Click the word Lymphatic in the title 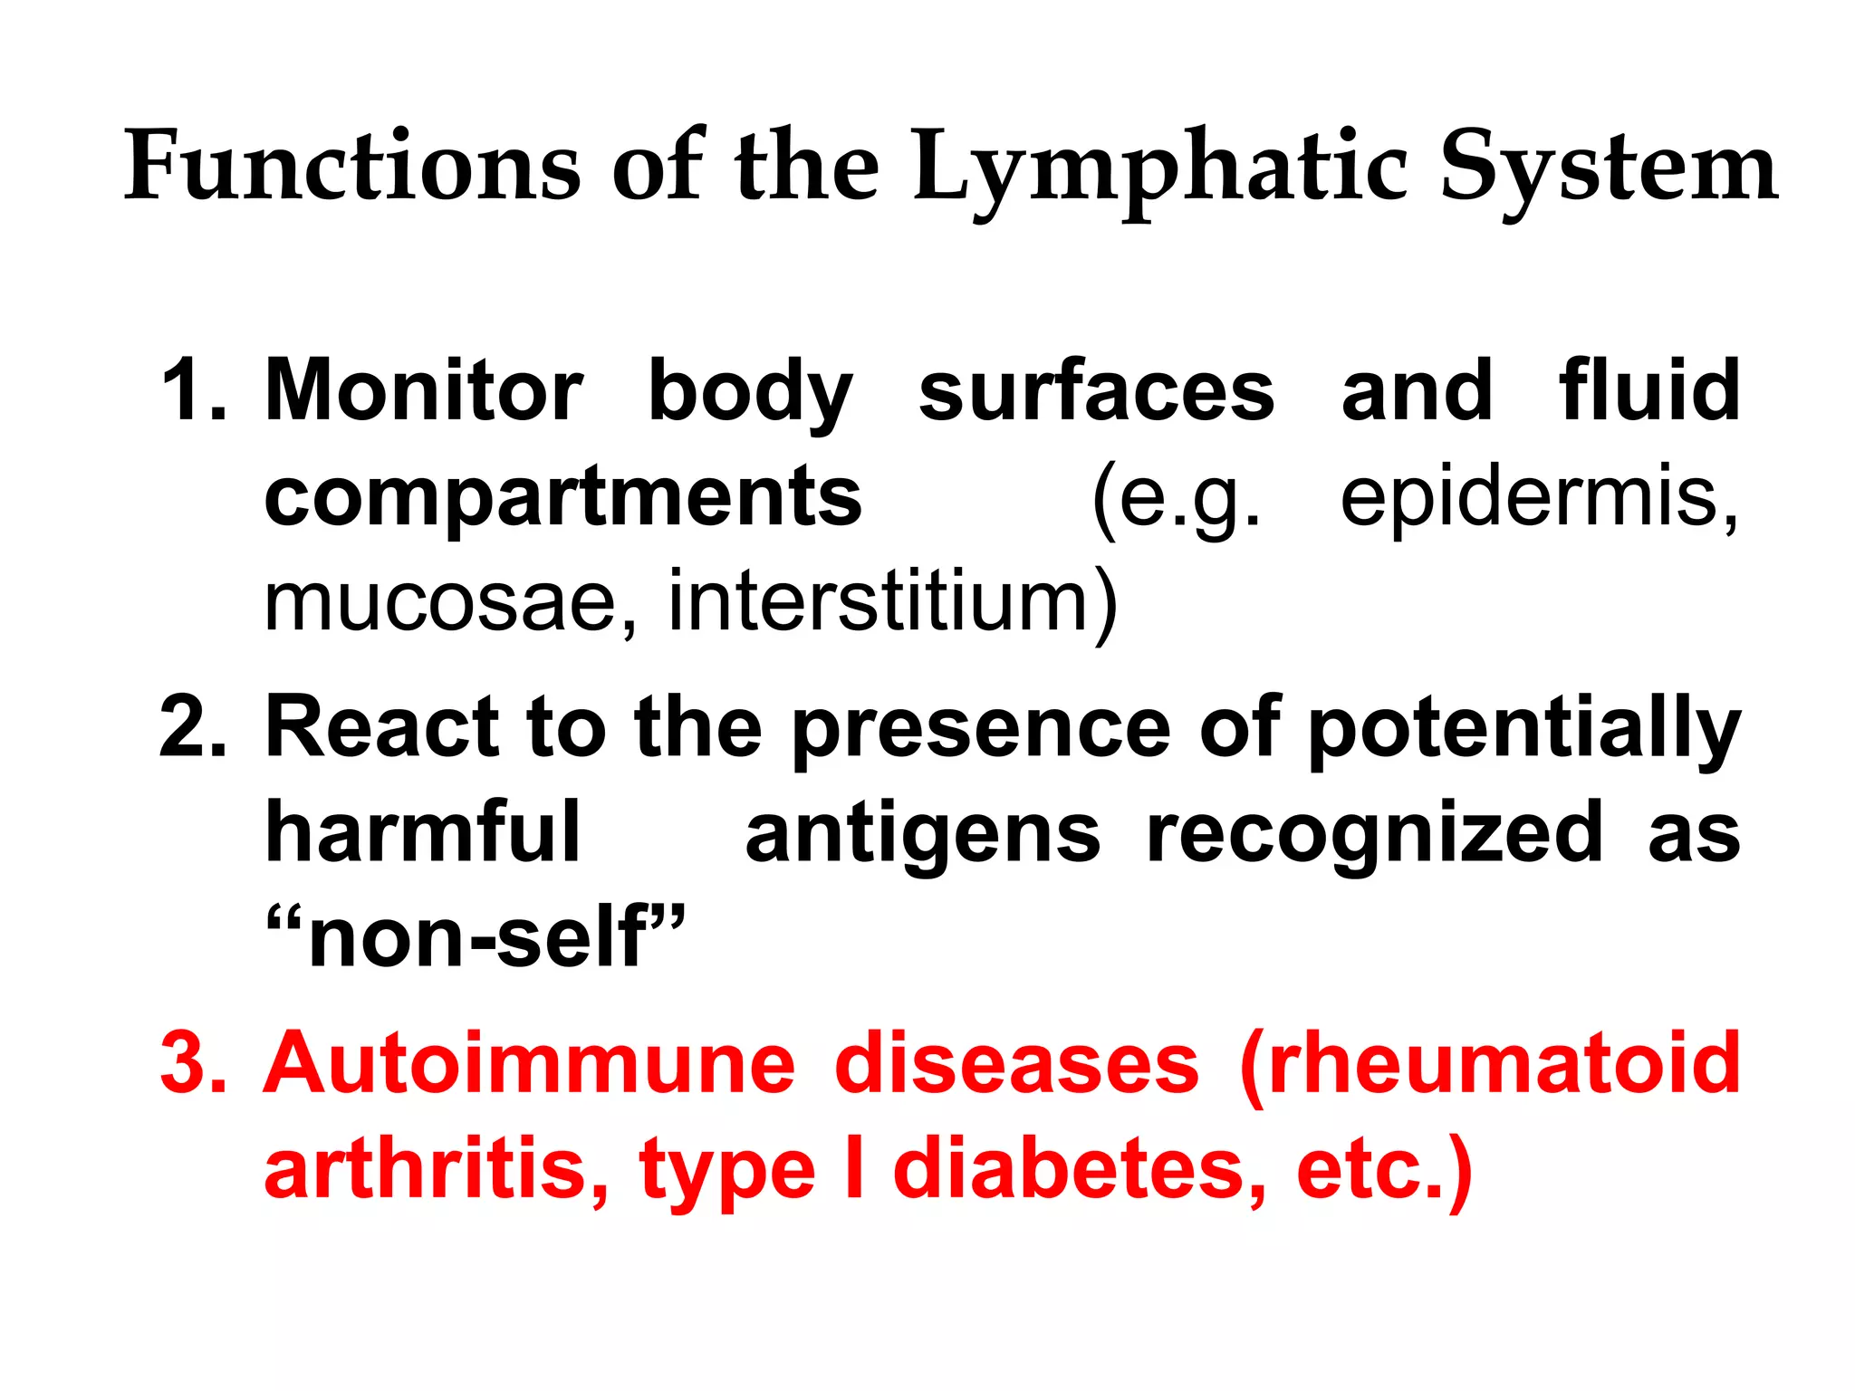[x=1159, y=168]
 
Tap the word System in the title [x=1609, y=168]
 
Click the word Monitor [x=424, y=390]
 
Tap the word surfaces [x=1096, y=390]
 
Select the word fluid [x=1648, y=390]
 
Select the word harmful [x=422, y=832]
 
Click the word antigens [x=922, y=832]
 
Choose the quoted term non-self [x=476, y=938]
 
